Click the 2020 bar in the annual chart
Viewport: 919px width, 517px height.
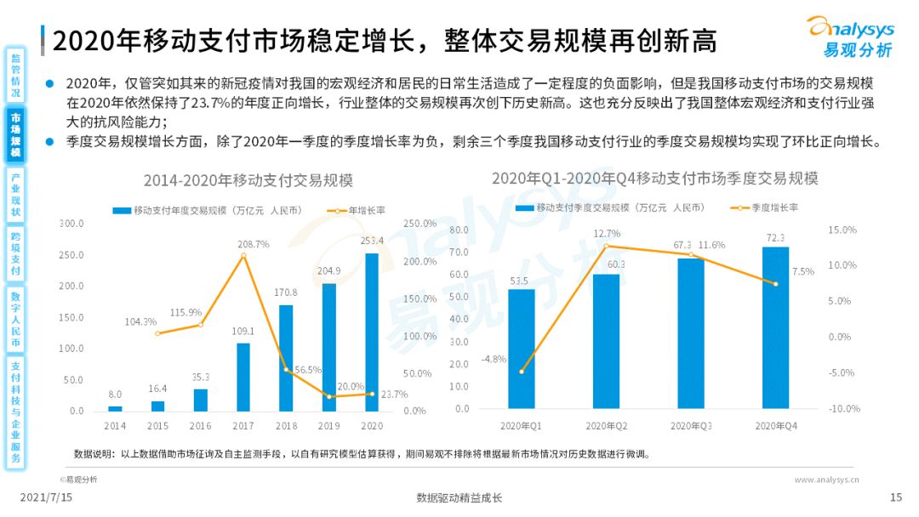372,332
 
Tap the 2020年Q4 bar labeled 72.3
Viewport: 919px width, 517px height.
775,327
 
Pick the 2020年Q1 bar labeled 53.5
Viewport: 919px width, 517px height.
522,349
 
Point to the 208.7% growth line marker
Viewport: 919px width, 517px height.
243,255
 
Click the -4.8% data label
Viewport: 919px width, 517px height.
494,359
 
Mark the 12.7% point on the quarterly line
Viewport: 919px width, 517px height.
606,247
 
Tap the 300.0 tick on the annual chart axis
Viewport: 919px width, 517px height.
71,224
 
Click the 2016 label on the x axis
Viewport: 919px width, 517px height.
200,425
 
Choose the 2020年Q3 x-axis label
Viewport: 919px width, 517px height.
690,425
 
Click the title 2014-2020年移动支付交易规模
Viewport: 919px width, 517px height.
248,180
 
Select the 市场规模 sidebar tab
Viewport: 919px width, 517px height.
15,135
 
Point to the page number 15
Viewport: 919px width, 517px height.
895,497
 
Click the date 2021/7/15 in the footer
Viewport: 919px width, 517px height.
46,497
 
